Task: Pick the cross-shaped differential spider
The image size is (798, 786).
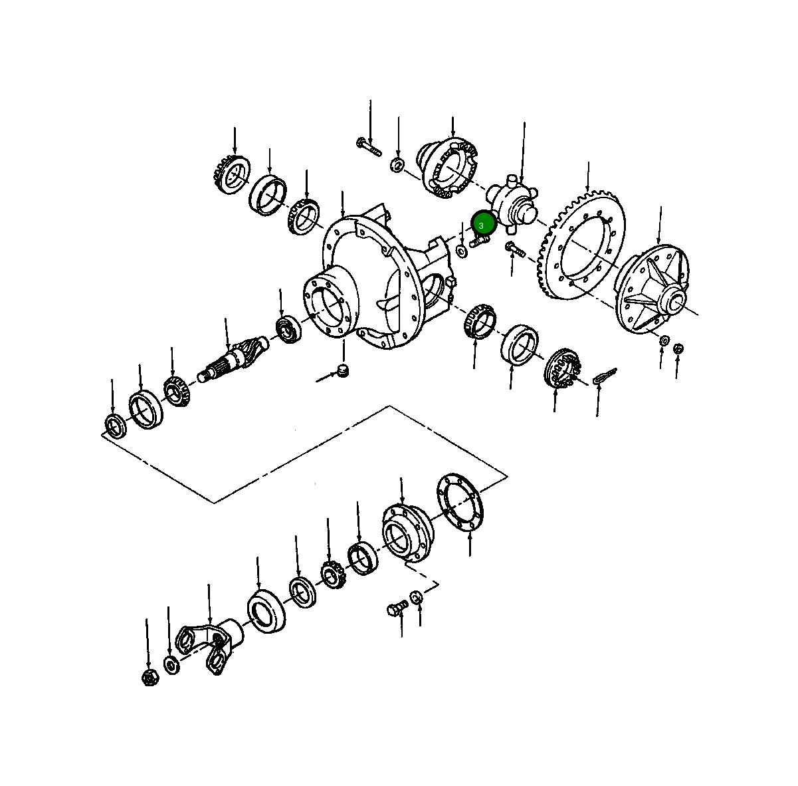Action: pyautogui.click(x=513, y=202)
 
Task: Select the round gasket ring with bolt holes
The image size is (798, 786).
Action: pyautogui.click(x=460, y=502)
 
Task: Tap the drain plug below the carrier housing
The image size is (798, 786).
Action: pyautogui.click(x=342, y=370)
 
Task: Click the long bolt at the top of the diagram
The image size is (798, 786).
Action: pyautogui.click(x=368, y=147)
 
